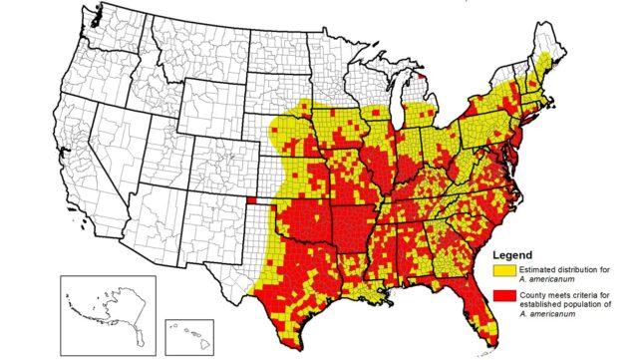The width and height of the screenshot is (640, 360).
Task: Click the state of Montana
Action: click(x=174, y=55)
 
